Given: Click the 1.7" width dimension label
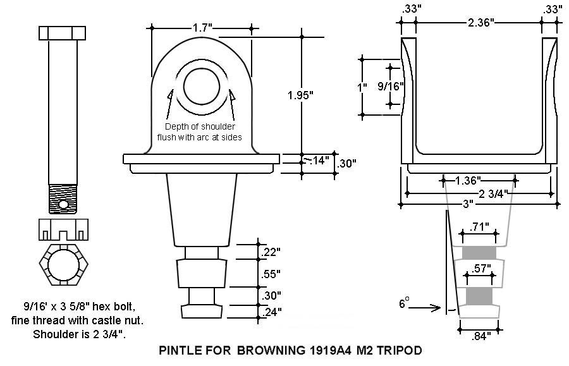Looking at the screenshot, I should (202, 28).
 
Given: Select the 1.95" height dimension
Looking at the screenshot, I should (300, 95).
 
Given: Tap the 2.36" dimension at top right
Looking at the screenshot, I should (480, 23).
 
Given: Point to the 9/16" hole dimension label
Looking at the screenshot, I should (390, 86).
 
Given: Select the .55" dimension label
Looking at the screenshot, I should (271, 274).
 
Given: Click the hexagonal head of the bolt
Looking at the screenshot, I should (63, 33).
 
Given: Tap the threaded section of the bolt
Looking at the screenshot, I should (63, 197).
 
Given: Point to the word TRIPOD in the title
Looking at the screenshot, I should (400, 350).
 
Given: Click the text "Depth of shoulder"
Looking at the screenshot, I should (200, 127).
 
